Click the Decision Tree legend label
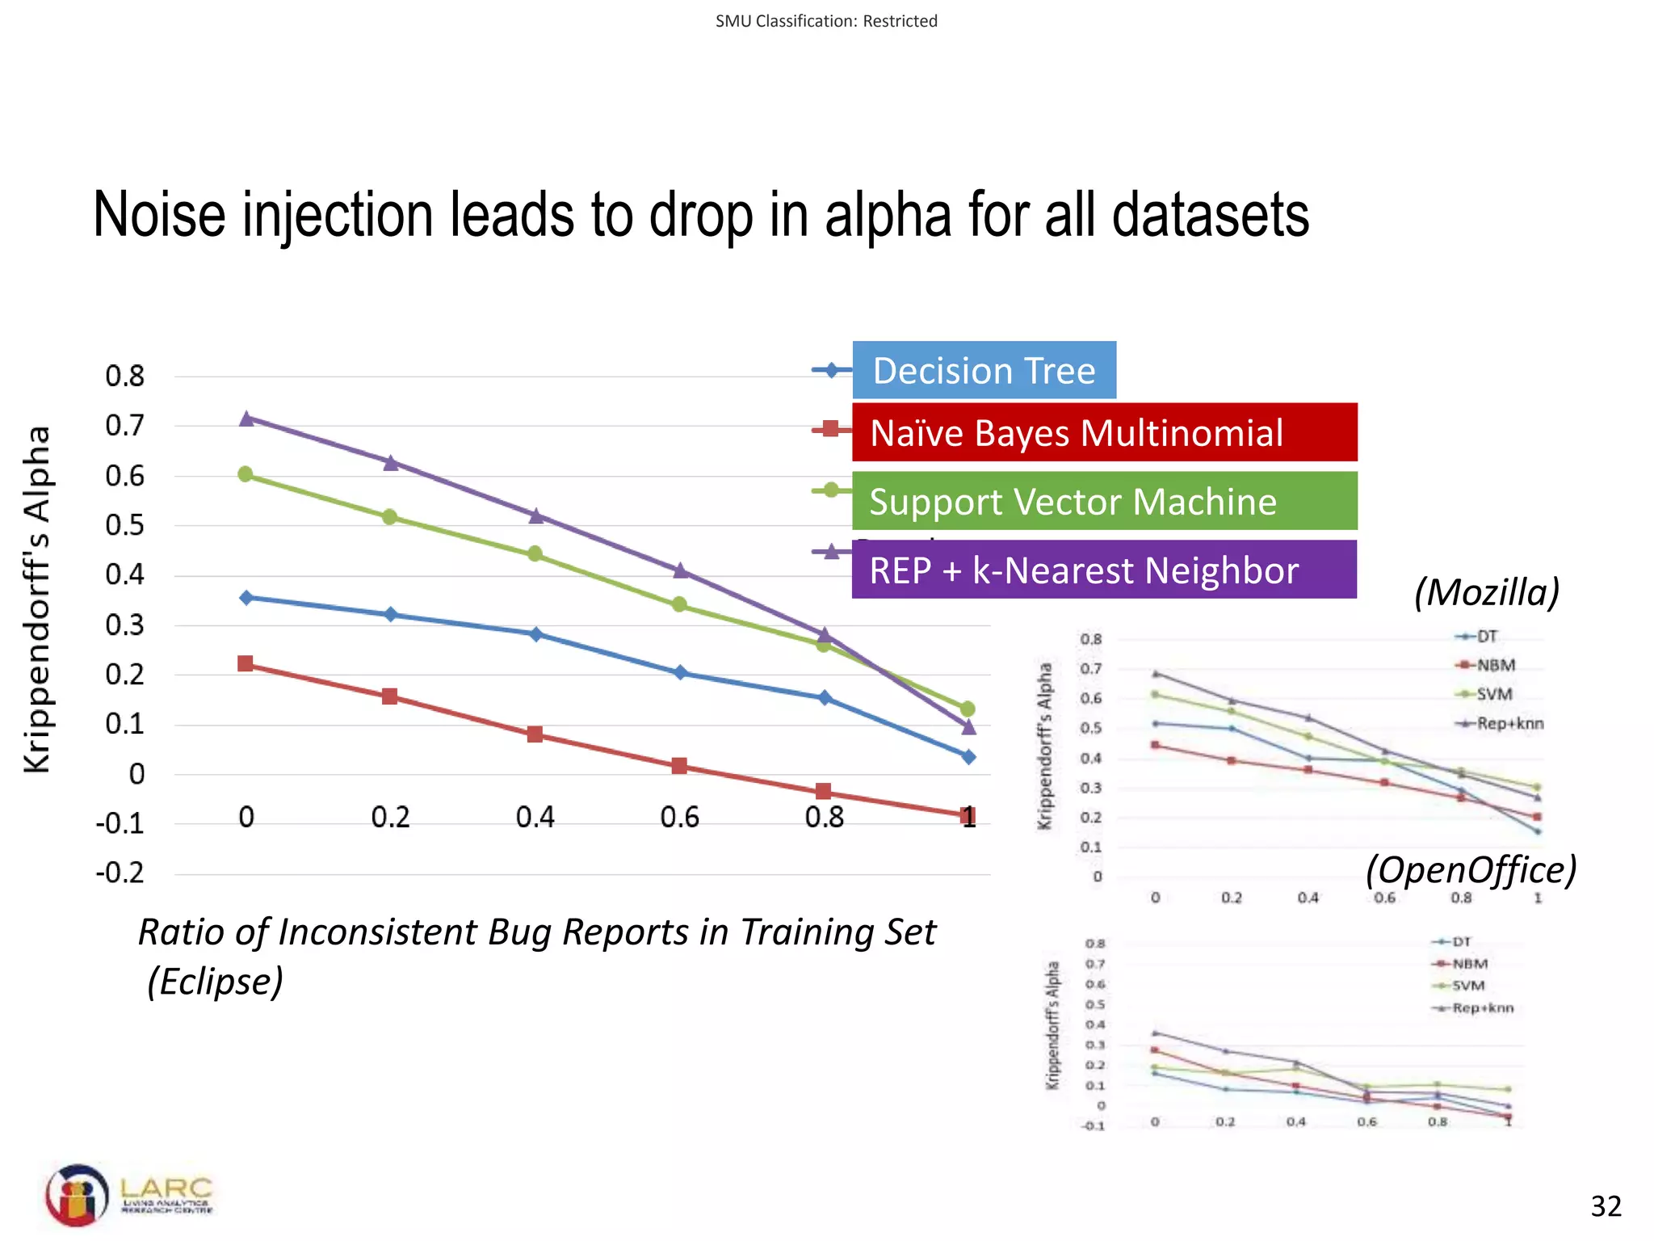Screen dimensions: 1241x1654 [x=984, y=371]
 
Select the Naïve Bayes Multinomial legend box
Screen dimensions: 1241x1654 [x=1104, y=433]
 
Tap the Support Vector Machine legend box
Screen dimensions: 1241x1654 [x=1104, y=502]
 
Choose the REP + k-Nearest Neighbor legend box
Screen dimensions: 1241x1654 [x=1104, y=570]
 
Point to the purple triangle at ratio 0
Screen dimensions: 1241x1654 [x=247, y=418]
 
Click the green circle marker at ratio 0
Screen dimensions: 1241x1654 [x=246, y=474]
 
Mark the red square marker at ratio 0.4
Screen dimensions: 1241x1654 [x=535, y=734]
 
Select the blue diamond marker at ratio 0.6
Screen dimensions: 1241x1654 [x=680, y=672]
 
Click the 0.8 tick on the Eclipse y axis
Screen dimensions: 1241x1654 [x=124, y=377]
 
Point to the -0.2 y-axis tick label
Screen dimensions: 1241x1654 [x=120, y=873]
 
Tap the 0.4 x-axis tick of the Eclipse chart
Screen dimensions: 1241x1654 [x=535, y=818]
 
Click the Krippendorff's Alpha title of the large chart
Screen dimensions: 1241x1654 [x=37, y=599]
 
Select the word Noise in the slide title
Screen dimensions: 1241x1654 [x=159, y=216]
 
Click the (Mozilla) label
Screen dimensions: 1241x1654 [x=1486, y=592]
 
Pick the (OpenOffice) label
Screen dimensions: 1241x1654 [x=1471, y=870]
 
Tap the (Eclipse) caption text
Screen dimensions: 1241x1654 [x=216, y=982]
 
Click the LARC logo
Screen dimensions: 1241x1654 [x=129, y=1195]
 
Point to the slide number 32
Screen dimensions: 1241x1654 [x=1606, y=1206]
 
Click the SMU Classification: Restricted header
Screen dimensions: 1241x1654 [x=826, y=21]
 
